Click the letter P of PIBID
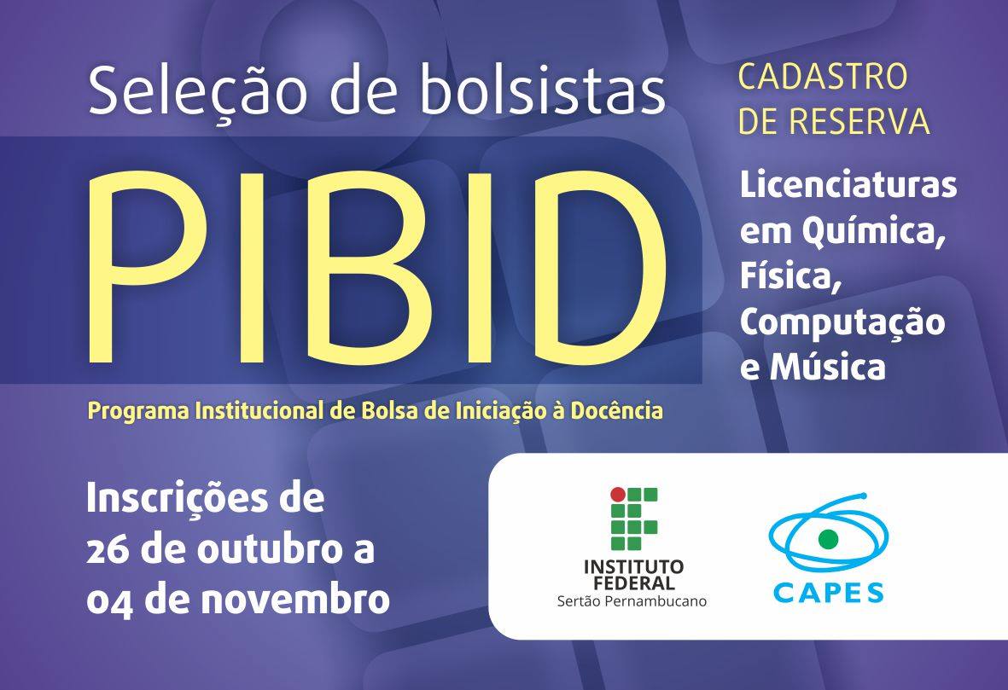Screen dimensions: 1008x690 149,267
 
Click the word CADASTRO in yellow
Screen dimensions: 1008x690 822,77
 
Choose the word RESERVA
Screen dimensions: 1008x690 859,121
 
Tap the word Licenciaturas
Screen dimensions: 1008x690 848,184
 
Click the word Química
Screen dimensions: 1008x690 874,230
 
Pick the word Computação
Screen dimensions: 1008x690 842,323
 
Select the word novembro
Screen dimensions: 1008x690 295,600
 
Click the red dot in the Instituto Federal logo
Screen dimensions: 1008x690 617,494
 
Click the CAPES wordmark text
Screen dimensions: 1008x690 828,592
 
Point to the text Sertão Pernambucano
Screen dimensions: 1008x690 632,601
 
